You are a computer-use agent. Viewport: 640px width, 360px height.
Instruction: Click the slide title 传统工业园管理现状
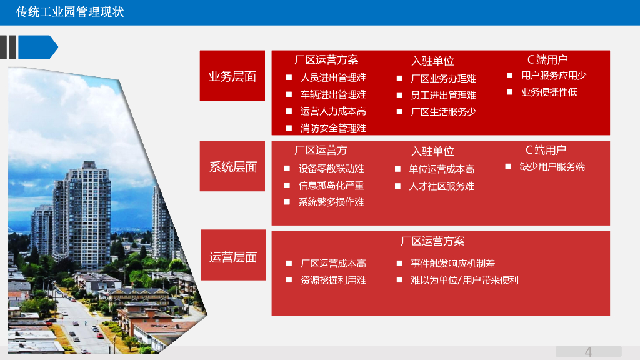point(71,12)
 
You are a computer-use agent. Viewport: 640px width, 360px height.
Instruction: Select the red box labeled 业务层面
point(232,76)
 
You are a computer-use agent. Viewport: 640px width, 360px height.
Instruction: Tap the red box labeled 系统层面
point(232,166)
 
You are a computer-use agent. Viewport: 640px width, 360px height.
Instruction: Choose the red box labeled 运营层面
point(232,257)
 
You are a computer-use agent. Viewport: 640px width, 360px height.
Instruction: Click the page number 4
point(588,352)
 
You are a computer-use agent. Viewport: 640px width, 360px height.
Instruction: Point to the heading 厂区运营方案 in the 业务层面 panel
point(326,60)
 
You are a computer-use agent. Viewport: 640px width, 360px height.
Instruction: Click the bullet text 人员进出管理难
point(333,77)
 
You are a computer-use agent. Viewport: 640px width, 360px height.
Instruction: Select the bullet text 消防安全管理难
point(333,128)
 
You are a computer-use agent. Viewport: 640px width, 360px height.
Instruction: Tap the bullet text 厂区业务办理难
point(443,78)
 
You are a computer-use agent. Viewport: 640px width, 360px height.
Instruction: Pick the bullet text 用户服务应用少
point(554,76)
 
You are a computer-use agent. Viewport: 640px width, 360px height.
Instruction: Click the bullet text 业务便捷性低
point(549,92)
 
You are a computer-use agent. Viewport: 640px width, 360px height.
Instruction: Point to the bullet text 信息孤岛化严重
point(331,186)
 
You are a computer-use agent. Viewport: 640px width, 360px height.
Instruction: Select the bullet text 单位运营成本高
point(441,169)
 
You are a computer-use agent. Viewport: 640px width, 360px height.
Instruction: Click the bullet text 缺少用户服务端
point(552,167)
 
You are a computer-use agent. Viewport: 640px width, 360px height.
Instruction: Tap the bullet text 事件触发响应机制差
point(452,264)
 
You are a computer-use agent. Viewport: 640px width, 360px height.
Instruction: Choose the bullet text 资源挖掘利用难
point(333,281)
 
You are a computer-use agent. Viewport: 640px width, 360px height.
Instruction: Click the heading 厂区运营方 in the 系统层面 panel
point(321,151)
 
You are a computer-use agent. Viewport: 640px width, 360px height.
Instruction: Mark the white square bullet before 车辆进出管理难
point(289,94)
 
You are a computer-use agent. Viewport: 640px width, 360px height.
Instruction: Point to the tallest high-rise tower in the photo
point(87,206)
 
